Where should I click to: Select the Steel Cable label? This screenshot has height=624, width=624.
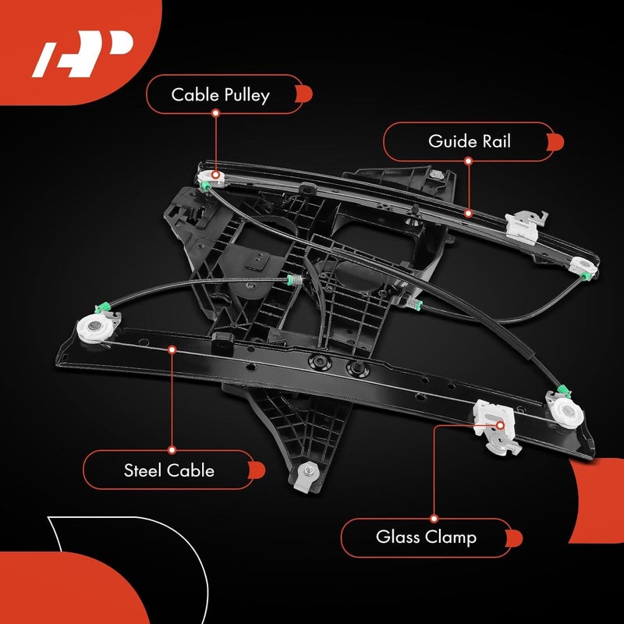point(168,470)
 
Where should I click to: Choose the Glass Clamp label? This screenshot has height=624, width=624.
point(426,537)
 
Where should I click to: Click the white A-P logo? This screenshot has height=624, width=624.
point(81,55)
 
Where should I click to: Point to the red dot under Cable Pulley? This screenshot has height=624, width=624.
point(215,114)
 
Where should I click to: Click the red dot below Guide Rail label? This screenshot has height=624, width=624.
point(469,161)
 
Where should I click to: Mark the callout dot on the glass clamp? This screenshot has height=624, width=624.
point(500,426)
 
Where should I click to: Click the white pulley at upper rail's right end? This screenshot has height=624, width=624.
point(583,267)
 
